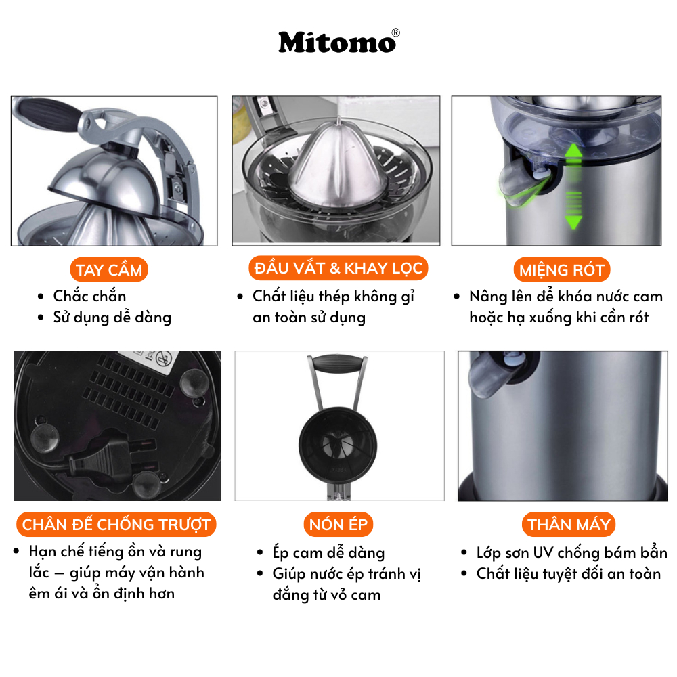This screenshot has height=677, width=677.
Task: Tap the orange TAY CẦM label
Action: pyautogui.click(x=109, y=270)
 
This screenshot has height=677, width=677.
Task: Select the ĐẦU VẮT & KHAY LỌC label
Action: pyautogui.click(x=338, y=268)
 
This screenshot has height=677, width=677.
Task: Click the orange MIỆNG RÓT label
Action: pyautogui.click(x=562, y=270)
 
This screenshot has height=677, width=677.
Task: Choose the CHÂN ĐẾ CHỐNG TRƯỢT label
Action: pyautogui.click(x=116, y=524)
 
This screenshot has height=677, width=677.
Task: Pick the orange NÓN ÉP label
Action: pyautogui.click(x=338, y=524)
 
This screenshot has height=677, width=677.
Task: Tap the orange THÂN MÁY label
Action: pyautogui.click(x=569, y=524)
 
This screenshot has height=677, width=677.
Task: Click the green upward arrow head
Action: pyautogui.click(x=573, y=152)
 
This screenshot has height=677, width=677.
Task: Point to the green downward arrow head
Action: pyautogui.click(x=573, y=222)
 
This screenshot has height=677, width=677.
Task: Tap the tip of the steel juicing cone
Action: pyautogui.click(x=339, y=118)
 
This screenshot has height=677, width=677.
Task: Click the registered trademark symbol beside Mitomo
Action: pyautogui.click(x=395, y=32)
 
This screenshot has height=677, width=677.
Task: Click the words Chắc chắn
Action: pyautogui.click(x=89, y=296)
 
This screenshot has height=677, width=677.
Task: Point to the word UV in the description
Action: pyautogui.click(x=542, y=552)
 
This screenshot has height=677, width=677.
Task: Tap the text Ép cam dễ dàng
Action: pyautogui.click(x=328, y=552)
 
